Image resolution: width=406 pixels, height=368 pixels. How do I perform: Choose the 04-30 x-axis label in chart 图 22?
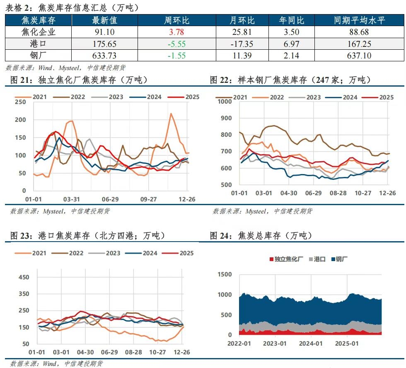[x=289, y=193]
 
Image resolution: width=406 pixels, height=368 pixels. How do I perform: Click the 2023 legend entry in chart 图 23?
[x=112, y=253]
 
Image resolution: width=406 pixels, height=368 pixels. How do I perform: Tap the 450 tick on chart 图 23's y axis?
[x=24, y=277]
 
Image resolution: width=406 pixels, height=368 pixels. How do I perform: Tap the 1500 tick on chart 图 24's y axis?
[x=224, y=274]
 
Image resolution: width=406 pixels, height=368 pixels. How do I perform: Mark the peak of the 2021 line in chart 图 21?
[x=171, y=113]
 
